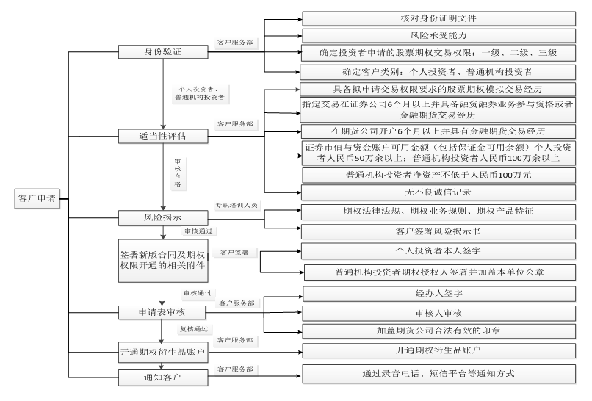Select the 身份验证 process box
[163, 53]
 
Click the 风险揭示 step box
[163, 217]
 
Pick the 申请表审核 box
[163, 312]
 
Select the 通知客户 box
[163, 377]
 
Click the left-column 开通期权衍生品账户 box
[163, 350]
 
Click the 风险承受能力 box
[438, 35]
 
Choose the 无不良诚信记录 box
[438, 192]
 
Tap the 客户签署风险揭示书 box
[438, 231]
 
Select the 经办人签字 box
[438, 294]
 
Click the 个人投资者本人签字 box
[438, 252]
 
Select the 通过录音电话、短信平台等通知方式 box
[438, 374]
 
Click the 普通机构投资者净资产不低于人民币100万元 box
[438, 176]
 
